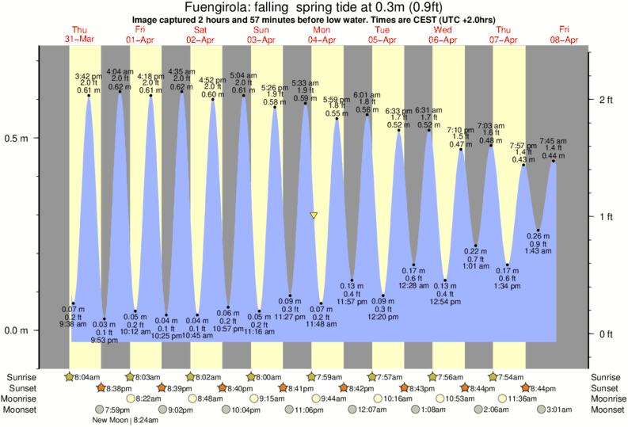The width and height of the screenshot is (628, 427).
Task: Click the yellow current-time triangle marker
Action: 314,215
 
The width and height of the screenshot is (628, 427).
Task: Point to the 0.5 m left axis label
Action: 17,138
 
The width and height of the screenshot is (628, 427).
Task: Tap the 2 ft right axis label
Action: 606,100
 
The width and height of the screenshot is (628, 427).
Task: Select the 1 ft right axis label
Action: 606,217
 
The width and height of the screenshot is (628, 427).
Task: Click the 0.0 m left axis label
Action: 17,330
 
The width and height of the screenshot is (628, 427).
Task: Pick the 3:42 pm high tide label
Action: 88,76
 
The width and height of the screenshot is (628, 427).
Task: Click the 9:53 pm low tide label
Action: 105,341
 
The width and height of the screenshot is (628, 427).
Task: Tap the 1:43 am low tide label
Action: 539,251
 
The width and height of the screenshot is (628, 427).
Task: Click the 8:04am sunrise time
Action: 86,377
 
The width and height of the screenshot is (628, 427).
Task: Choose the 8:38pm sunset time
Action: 116,388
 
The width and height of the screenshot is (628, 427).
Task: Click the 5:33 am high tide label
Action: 305,82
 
